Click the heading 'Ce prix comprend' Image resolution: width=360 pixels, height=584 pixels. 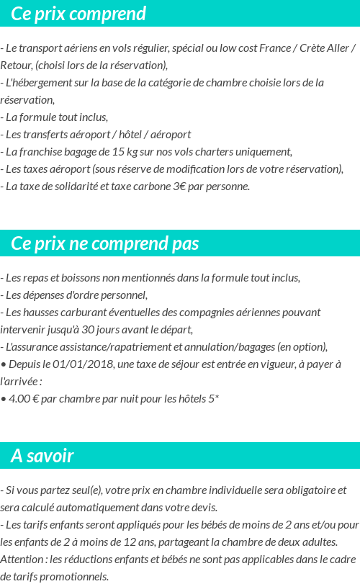point(78,14)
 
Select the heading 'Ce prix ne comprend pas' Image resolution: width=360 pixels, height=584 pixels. point(104,243)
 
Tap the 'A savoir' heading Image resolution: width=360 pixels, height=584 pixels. point(42,456)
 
